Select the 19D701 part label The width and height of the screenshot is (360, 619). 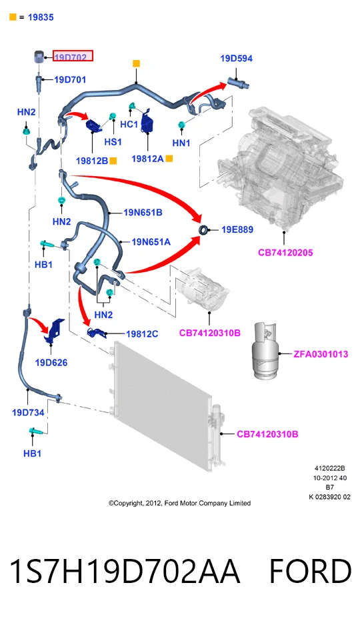pos(70,80)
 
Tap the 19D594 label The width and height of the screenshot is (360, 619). pos(237,59)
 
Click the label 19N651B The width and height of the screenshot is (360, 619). pos(143,212)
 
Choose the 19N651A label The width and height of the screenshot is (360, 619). pos(151,241)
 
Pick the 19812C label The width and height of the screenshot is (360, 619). pos(142,334)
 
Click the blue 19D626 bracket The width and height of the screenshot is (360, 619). pos(55,331)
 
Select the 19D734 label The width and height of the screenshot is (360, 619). pos(28,412)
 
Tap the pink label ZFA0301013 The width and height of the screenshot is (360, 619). pos(321,354)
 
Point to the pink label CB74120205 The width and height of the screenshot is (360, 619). pos(285,253)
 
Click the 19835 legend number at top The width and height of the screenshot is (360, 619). pos(41,17)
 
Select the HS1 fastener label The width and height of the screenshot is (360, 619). pos(113,141)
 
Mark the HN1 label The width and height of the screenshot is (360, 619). pos(181,143)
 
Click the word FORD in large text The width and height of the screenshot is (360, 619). pos(310,571)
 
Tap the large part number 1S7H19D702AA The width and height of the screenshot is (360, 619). pos(125,571)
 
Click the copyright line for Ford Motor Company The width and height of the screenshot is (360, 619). pos(179,504)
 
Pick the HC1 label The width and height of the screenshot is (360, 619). pos(129,124)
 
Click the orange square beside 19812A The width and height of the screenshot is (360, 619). pos(169,159)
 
